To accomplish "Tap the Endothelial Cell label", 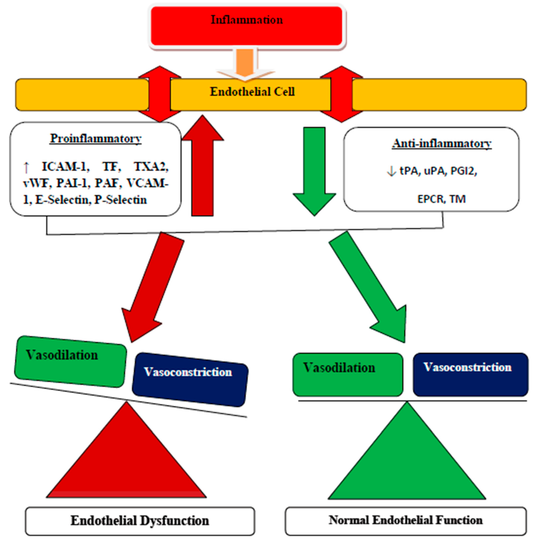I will pos(252,92).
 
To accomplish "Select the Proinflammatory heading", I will pos(95,138).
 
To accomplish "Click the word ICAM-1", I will pos(65,167).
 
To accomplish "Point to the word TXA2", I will pos(151,167).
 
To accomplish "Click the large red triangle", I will pos(127,460).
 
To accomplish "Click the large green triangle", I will pos(407,460).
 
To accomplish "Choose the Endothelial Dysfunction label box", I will pos(140,521).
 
